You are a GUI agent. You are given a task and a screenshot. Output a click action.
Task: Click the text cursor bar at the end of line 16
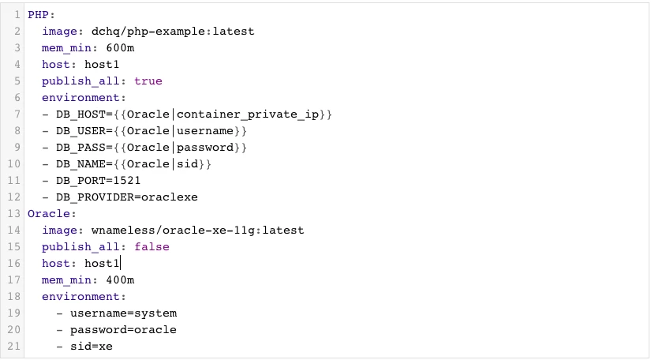(120, 263)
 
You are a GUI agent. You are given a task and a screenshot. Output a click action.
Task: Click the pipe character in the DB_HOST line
(173, 114)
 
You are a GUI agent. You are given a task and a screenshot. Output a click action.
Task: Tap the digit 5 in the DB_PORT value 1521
(123, 181)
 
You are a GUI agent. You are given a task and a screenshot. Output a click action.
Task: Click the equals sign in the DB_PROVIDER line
(137, 197)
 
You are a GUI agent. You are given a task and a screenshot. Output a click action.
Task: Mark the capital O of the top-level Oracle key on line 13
(31, 214)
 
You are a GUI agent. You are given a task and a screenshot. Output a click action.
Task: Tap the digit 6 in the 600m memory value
(109, 47)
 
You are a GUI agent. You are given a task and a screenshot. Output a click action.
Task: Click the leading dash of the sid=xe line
(59, 347)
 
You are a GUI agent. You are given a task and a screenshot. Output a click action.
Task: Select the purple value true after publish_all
(148, 81)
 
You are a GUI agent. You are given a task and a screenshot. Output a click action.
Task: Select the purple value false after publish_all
(152, 246)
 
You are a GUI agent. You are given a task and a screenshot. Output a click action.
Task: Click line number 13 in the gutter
(13, 213)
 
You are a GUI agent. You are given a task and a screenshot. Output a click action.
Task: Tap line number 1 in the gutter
(17, 15)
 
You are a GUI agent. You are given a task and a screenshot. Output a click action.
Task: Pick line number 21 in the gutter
(13, 347)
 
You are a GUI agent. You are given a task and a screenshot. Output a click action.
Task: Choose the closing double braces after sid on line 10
(204, 164)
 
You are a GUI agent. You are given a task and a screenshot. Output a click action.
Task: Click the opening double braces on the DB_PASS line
(120, 148)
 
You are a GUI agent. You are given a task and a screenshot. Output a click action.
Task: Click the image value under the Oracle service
(197, 231)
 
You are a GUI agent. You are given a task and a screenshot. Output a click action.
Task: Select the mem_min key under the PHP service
(66, 48)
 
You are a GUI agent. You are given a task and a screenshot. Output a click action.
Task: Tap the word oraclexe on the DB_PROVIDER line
(170, 197)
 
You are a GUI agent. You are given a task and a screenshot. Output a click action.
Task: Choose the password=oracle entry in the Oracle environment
(123, 330)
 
